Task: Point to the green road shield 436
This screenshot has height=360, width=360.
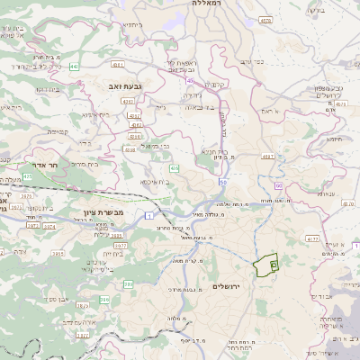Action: (x=174, y=168)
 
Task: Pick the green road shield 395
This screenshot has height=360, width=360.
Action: (x=128, y=283)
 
